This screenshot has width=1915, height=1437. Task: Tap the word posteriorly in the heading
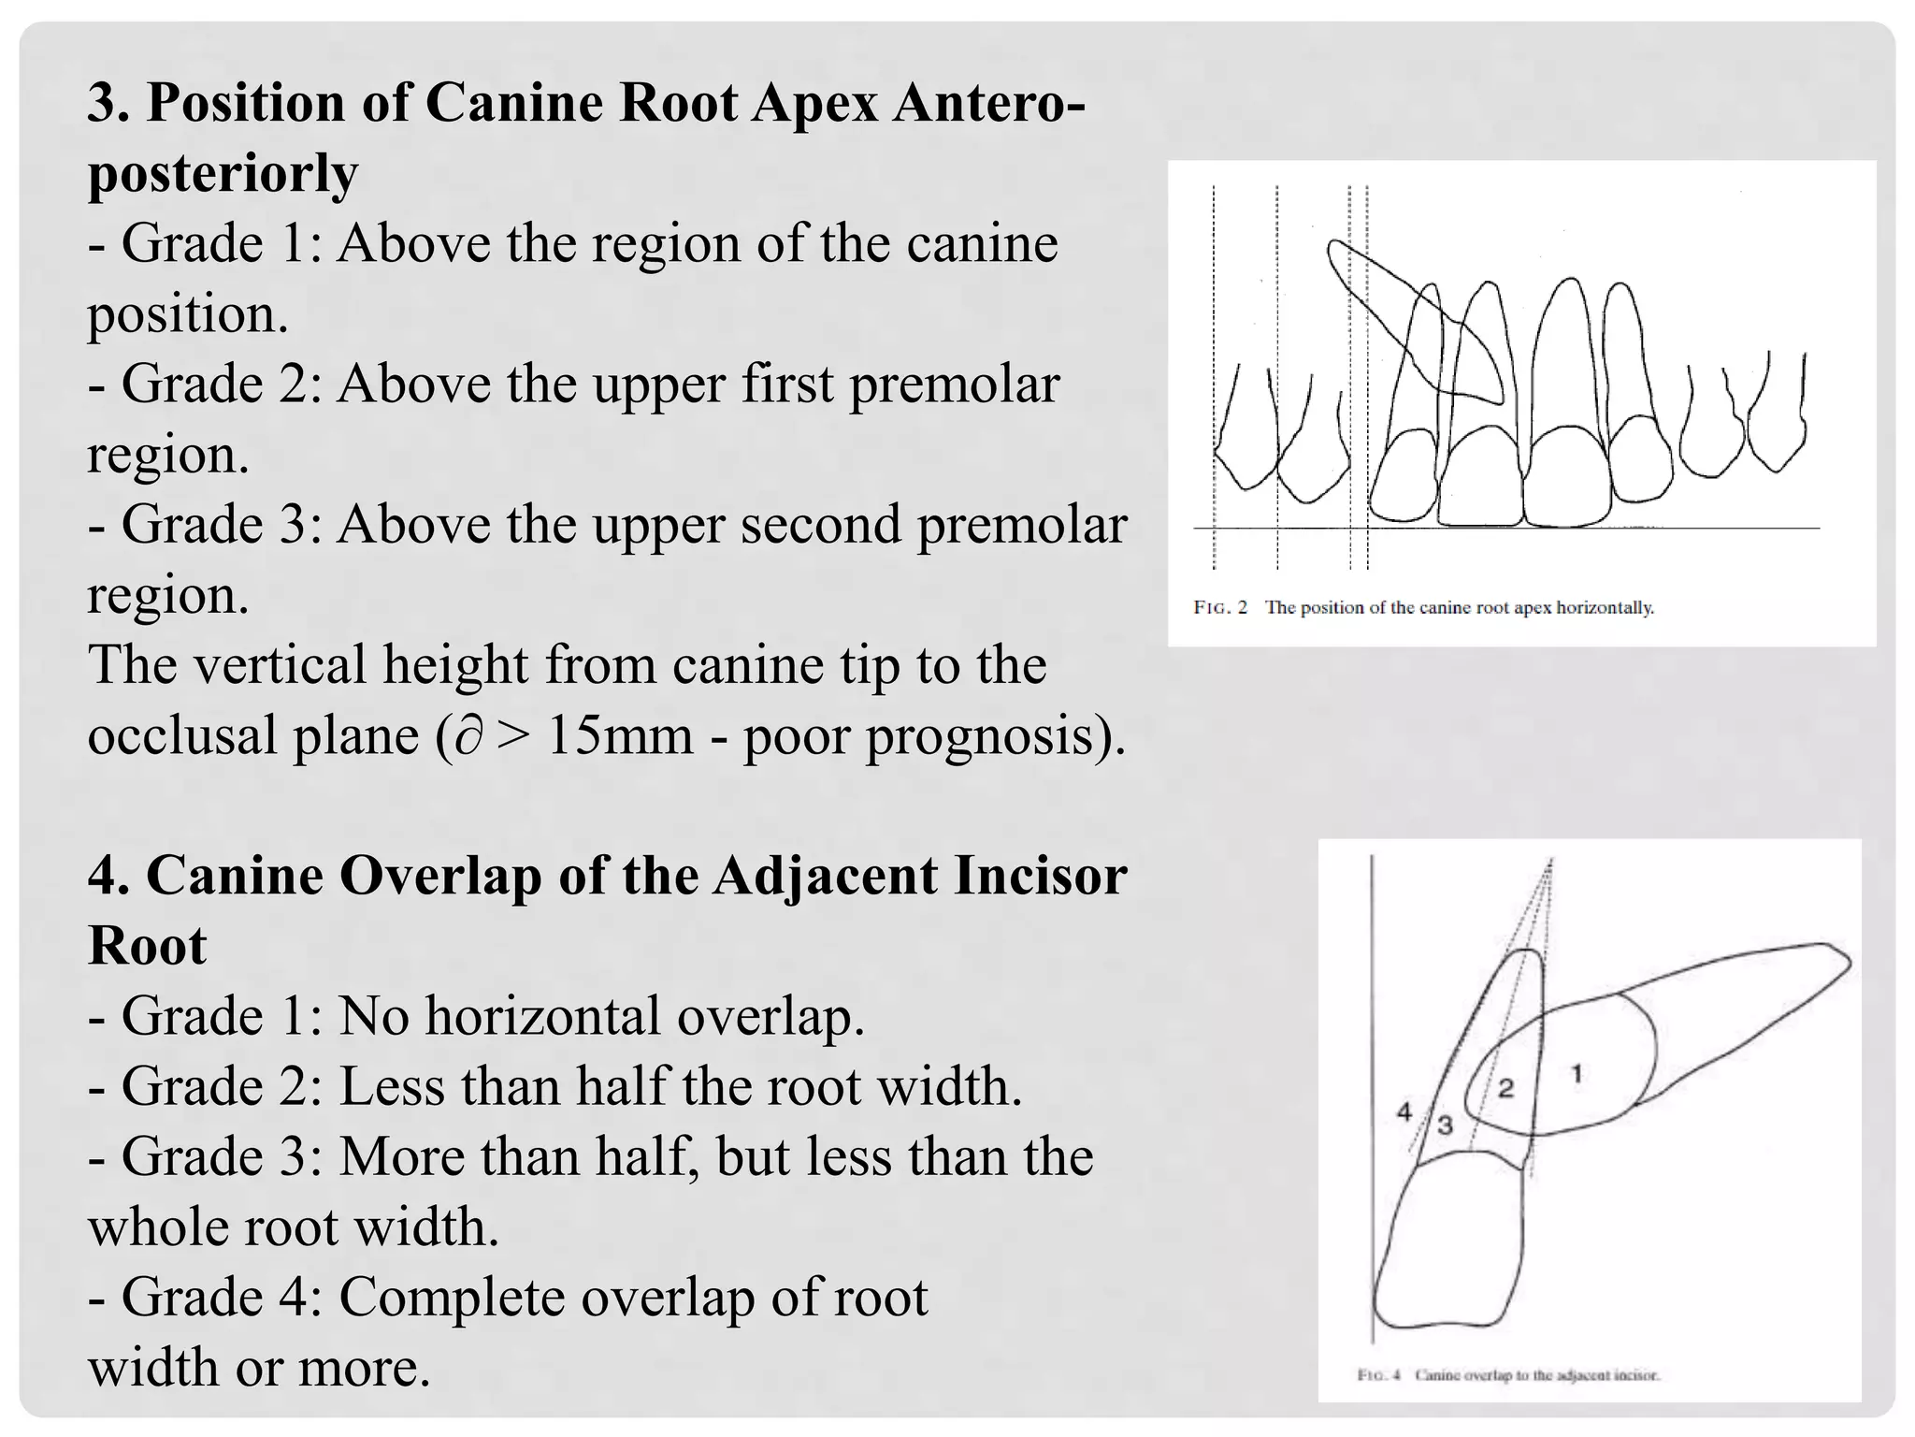click(223, 172)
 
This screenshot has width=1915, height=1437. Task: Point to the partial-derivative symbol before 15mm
click(469, 736)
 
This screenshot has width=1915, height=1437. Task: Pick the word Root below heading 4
click(147, 946)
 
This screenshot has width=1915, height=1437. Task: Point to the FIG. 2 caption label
click(1220, 608)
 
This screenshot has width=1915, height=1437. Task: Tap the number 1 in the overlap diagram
click(1577, 1074)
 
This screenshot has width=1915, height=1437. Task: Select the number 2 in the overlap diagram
click(1505, 1087)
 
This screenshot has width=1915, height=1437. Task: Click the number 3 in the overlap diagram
click(1445, 1125)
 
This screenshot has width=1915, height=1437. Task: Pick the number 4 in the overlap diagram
click(1404, 1111)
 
